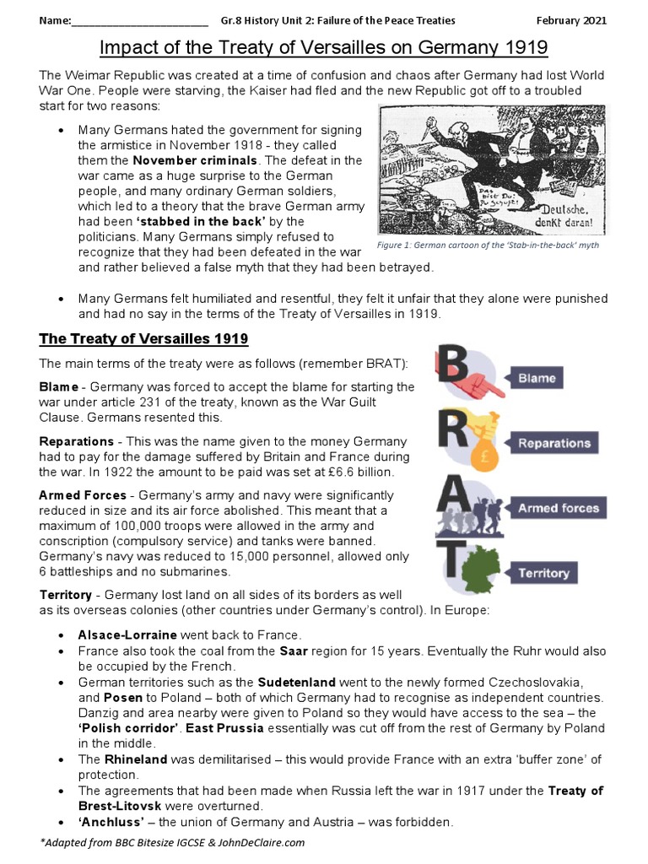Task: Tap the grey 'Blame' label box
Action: (537, 378)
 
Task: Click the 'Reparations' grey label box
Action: (553, 443)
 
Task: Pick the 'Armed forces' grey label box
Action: (558, 508)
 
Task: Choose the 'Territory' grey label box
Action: (543, 573)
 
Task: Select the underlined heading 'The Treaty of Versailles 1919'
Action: (143, 339)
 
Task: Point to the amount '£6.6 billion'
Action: (358, 472)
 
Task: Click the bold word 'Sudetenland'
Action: (297, 682)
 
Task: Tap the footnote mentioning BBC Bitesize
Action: (172, 842)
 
